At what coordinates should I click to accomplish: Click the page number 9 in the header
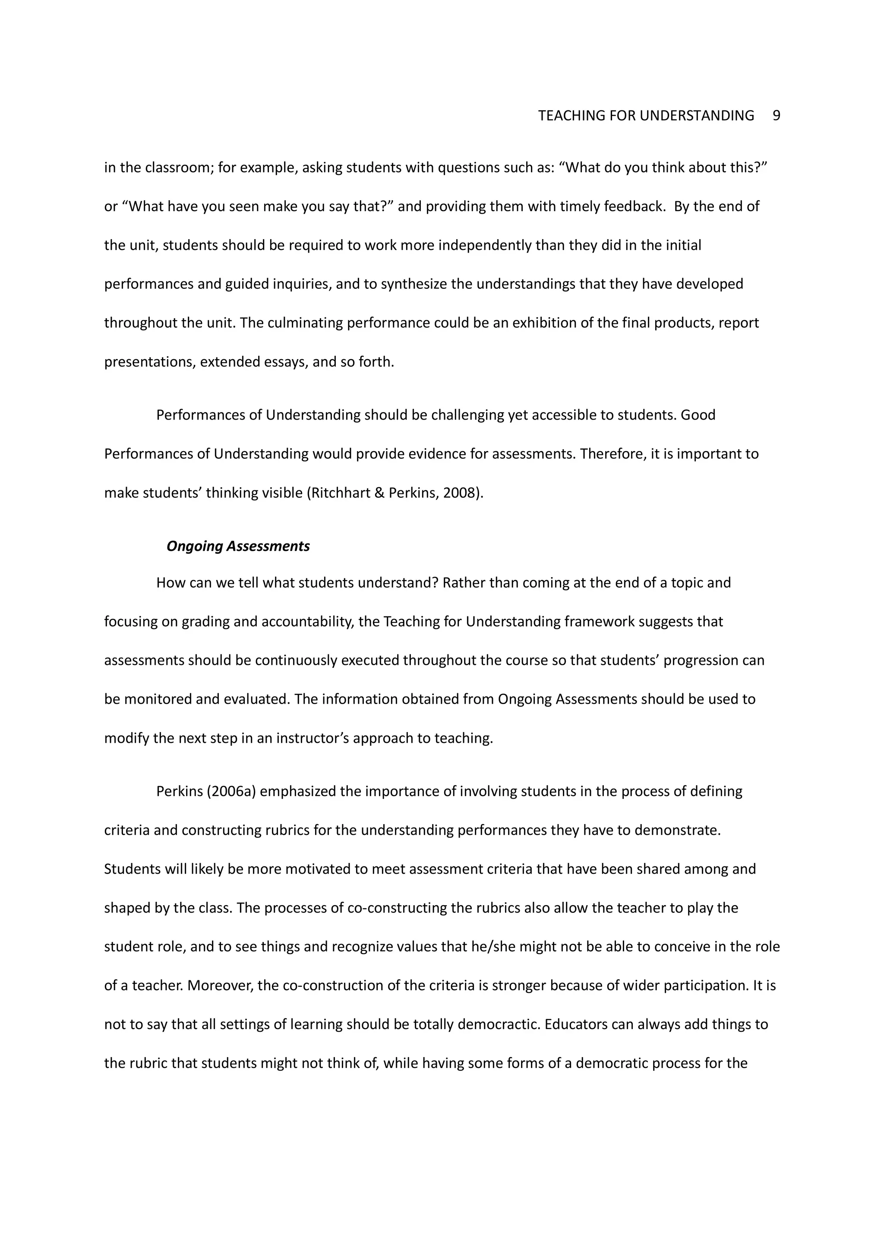click(x=776, y=116)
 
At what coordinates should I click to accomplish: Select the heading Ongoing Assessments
click(x=238, y=546)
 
